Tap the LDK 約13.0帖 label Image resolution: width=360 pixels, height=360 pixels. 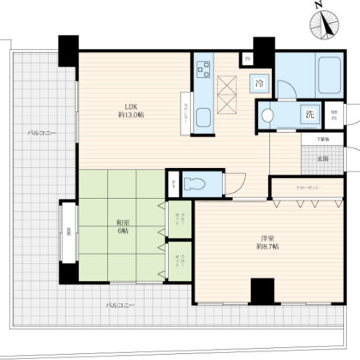pyautogui.click(x=131, y=111)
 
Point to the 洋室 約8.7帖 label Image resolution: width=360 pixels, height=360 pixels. pyautogui.click(x=267, y=243)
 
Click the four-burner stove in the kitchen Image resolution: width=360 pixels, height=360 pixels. pyautogui.click(x=206, y=72)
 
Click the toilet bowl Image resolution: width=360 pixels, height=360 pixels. pyautogui.click(x=196, y=183)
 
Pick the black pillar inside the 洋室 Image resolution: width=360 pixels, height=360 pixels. pyautogui.click(x=261, y=291)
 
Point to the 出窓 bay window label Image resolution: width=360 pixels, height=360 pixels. pyautogui.click(x=67, y=231)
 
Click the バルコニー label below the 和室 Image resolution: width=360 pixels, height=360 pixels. pyautogui.click(x=119, y=305)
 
